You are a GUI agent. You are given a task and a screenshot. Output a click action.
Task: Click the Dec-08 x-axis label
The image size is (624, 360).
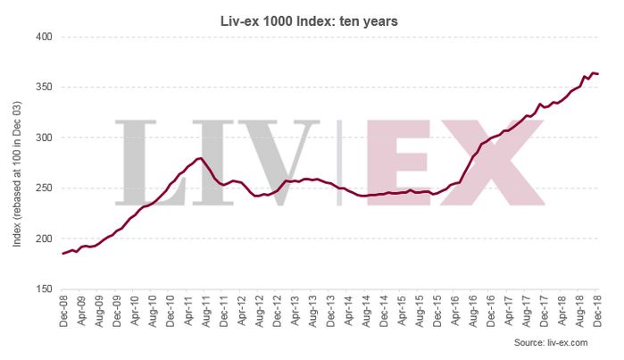(63, 308)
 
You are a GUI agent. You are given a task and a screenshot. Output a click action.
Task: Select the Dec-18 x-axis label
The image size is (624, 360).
(597, 308)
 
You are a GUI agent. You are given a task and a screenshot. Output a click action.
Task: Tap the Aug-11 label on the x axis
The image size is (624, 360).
(205, 308)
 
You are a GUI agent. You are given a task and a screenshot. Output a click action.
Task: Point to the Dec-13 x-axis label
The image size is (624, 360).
(330, 308)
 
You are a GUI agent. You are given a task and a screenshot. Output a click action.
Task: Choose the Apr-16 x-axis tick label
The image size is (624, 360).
(455, 308)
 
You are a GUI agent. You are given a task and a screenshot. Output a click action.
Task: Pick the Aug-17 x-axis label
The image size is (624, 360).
(527, 308)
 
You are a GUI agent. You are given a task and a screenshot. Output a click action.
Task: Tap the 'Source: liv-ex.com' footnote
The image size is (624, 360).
(551, 343)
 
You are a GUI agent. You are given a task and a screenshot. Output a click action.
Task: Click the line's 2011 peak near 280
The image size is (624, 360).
(201, 158)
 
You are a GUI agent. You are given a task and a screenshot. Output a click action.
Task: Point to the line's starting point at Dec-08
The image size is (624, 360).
(63, 254)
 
